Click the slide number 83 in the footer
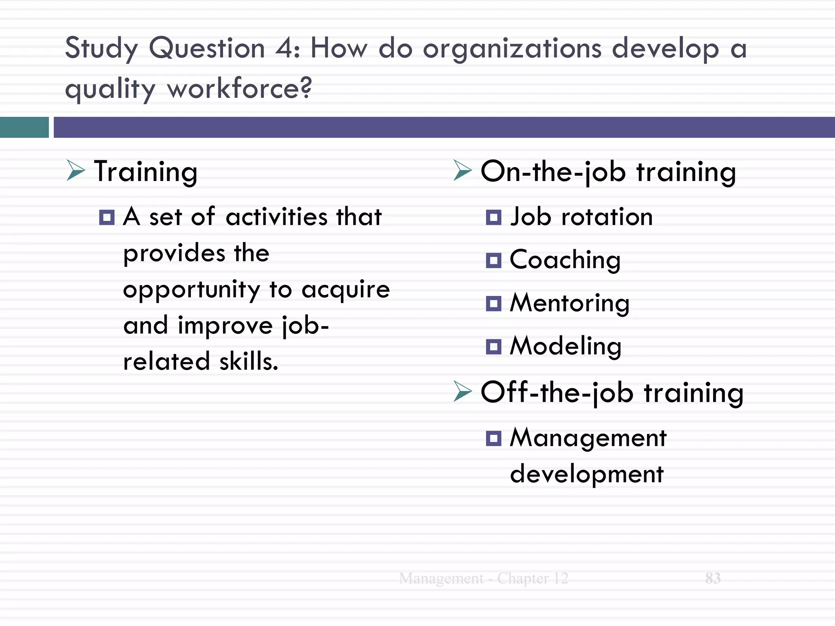[713, 578]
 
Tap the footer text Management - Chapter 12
[484, 578]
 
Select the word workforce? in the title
[239, 88]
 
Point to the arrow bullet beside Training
[76, 170]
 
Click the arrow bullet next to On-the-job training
[462, 170]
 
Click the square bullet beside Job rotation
[494, 217]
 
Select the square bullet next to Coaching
[494, 260]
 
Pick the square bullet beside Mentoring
[494, 304]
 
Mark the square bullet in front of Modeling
[494, 347]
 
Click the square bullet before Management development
[494, 439]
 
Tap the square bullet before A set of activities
[107, 217]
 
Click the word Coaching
[565, 260]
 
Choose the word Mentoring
[570, 304]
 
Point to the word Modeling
[566, 347]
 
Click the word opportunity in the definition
[191, 290]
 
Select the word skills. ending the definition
[249, 361]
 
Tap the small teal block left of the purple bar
[24, 127]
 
